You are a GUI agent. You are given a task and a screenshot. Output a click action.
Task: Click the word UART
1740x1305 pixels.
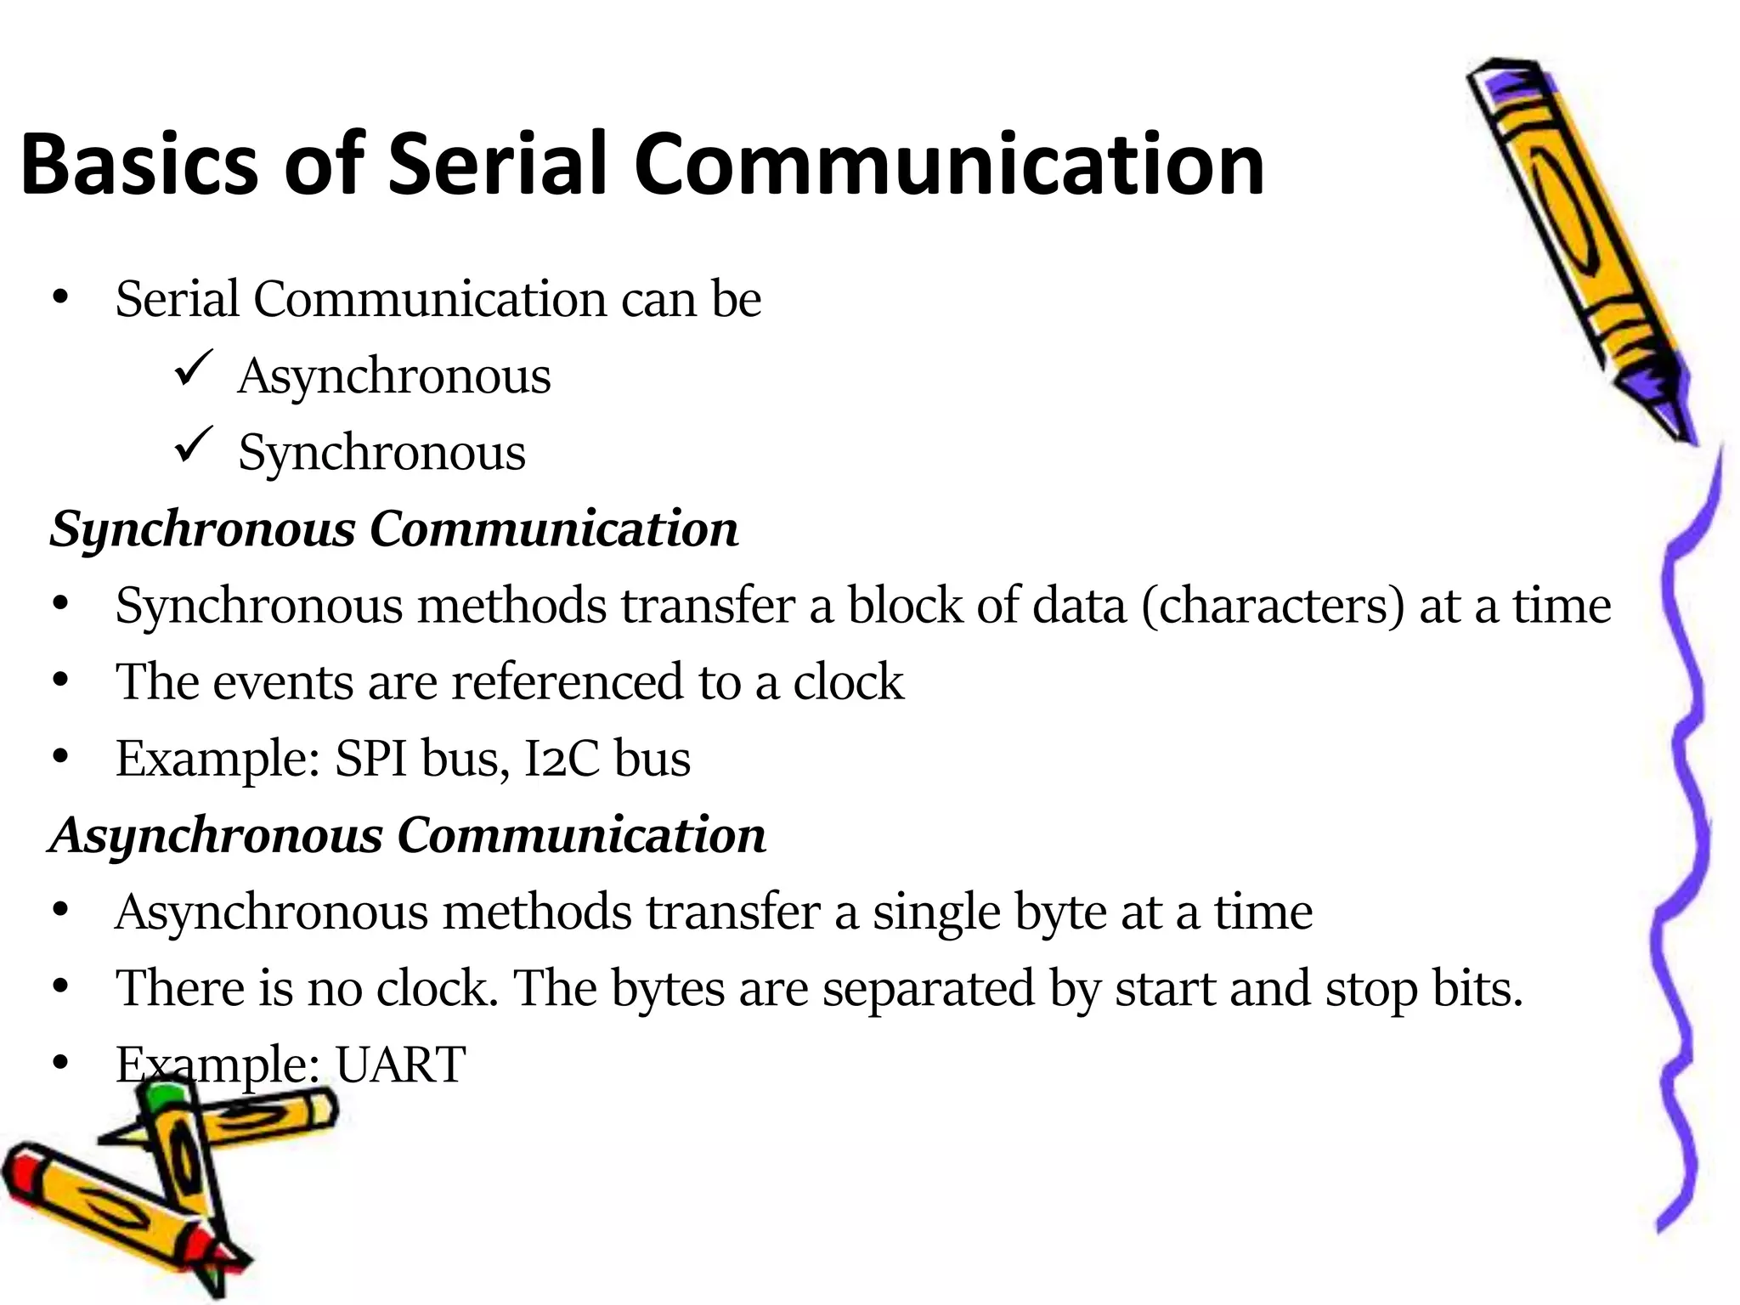400,1064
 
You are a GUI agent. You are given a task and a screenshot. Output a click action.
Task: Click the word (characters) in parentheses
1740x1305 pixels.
1273,607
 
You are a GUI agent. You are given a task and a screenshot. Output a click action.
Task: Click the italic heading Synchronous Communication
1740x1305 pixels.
393,529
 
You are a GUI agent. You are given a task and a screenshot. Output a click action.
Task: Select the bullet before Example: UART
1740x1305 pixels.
59,1064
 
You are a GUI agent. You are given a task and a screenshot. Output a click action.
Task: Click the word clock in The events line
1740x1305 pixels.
847,681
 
